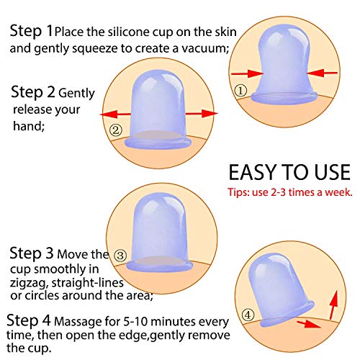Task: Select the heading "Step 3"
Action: point(32,253)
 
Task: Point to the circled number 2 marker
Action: point(115,130)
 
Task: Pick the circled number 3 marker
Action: point(120,255)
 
